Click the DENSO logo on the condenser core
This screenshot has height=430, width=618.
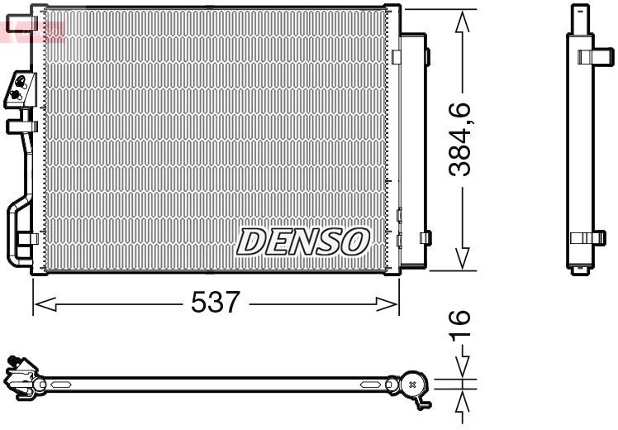click(302, 241)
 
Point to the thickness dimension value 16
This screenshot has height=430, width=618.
click(461, 326)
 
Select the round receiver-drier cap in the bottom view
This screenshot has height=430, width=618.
click(412, 385)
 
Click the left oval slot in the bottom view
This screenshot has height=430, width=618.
click(61, 385)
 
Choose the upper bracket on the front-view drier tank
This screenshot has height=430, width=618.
click(425, 57)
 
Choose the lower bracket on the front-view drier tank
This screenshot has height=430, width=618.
click(425, 237)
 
